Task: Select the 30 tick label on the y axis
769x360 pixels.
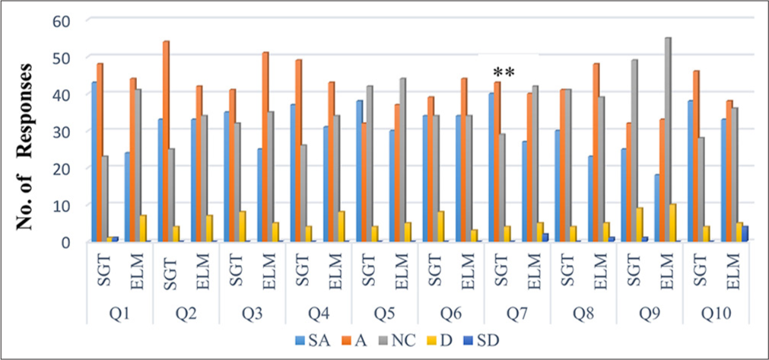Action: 66,131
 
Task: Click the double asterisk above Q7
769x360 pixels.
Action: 504,72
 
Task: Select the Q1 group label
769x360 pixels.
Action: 119,312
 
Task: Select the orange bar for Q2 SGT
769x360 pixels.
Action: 166,142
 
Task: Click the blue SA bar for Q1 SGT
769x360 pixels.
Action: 94,162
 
